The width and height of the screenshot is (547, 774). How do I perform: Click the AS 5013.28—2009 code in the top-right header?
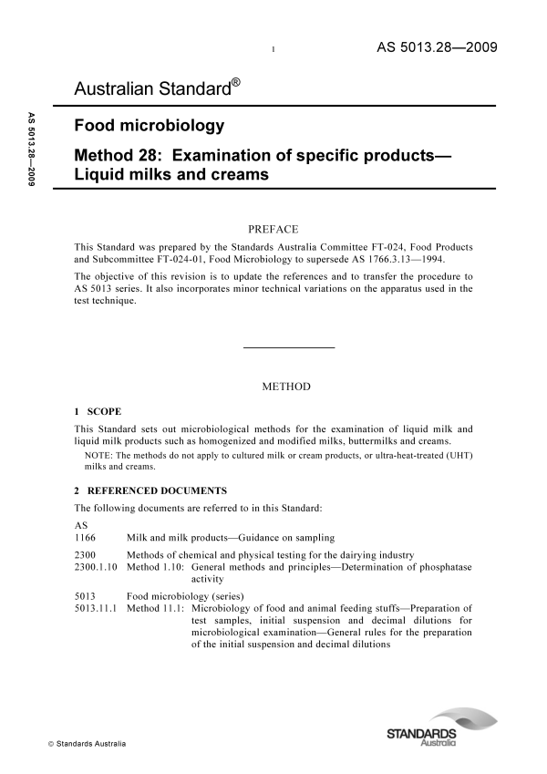(x=436, y=47)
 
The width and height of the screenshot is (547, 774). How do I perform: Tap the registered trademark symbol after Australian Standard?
(x=235, y=83)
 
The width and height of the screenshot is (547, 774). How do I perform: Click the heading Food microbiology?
(x=149, y=126)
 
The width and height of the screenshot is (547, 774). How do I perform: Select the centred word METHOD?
(x=286, y=387)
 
